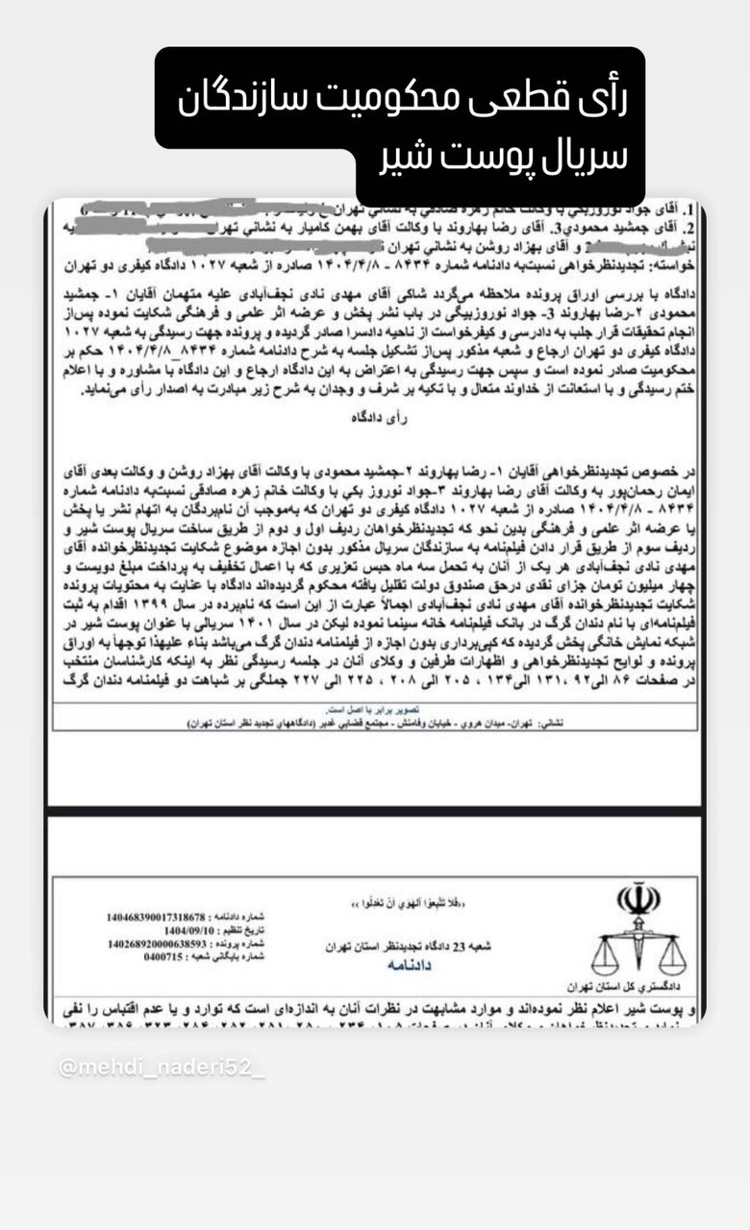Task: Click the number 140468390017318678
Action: click(x=157, y=918)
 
